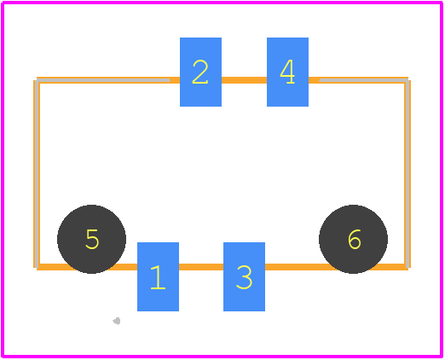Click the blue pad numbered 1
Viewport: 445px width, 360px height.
click(x=158, y=276)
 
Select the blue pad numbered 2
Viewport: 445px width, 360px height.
click(x=200, y=72)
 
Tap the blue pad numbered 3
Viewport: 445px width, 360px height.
click(x=244, y=276)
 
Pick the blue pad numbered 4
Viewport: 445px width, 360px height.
click(x=287, y=72)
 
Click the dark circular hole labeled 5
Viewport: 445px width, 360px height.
click(x=91, y=239)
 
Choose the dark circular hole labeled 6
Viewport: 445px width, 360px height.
click(x=353, y=239)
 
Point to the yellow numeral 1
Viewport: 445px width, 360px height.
click(x=158, y=277)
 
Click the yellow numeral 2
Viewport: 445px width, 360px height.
click(x=200, y=72)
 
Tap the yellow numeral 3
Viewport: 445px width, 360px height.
click(x=244, y=277)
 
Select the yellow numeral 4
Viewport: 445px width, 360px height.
click(x=287, y=72)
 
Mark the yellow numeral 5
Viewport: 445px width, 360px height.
click(x=92, y=239)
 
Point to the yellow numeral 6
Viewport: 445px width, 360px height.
click(x=355, y=239)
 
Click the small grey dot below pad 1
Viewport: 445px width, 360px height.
click(x=117, y=321)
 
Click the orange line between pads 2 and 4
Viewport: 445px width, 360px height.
click(x=244, y=80)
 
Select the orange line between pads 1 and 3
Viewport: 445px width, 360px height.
click(x=201, y=267)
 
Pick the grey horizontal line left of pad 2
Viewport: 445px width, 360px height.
click(x=104, y=80)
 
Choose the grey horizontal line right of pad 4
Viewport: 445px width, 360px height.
click(x=364, y=80)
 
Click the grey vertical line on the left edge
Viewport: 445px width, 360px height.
click(x=38, y=174)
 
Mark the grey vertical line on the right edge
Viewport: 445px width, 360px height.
click(x=407, y=174)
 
